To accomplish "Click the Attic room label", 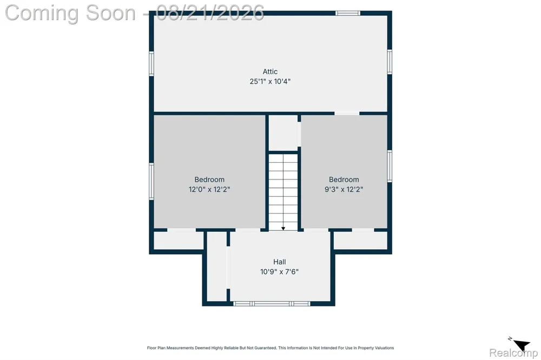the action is click(270, 72).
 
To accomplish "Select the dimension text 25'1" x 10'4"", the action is click(270, 82).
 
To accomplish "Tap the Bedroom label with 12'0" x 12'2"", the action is click(209, 179).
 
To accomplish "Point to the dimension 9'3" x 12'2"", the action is click(344, 189).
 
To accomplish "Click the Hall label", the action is click(280, 262).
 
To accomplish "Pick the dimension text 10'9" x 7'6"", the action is click(280, 272).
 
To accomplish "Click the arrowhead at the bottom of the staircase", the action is click(283, 228).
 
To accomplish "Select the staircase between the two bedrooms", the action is click(283, 192).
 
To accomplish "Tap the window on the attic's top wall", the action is click(348, 13).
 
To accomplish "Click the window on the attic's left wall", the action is click(151, 63).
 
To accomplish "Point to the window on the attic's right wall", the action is click(390, 62).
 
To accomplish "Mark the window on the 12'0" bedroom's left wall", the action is click(151, 182).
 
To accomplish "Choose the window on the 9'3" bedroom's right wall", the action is click(390, 166).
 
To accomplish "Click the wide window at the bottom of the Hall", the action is click(272, 304).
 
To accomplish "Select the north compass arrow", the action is click(521, 344).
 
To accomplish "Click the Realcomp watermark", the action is click(513, 353).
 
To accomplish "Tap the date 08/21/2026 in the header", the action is click(210, 13).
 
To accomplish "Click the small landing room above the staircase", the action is click(283, 133).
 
